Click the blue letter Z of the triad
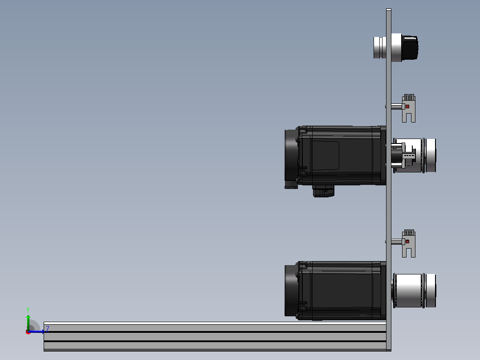(48, 329)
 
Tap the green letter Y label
(28, 310)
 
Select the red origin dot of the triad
(28, 332)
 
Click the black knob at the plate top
(410, 48)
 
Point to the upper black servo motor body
(342, 155)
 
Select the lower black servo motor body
(342, 290)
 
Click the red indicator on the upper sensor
(407, 106)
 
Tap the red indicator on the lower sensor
(407, 242)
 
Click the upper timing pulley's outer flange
(431, 155)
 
